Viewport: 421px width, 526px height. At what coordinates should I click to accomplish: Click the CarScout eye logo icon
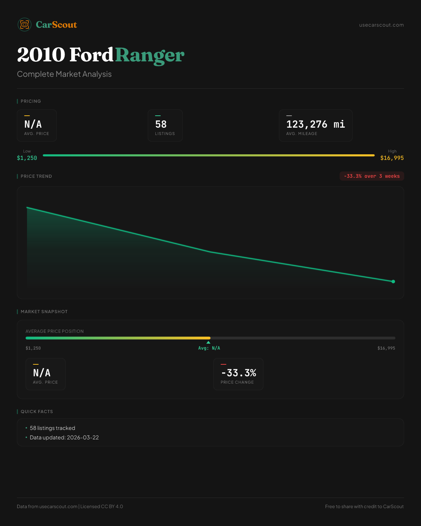point(25,25)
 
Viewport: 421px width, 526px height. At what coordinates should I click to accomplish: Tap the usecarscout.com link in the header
point(381,25)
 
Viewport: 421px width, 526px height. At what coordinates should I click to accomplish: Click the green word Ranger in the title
point(149,55)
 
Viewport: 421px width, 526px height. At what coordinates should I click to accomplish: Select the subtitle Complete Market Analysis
point(64,74)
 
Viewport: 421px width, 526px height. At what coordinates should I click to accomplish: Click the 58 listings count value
point(161,124)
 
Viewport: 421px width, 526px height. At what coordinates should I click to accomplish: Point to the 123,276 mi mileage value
point(315,124)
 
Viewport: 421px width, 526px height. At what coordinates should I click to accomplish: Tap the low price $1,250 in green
point(27,158)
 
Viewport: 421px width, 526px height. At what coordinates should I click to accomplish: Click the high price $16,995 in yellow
point(392,158)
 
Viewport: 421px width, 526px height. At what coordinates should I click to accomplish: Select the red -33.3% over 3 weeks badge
point(372,176)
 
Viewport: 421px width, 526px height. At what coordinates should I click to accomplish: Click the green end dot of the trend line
point(393,282)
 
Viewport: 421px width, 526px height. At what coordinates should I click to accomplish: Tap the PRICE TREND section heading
point(36,176)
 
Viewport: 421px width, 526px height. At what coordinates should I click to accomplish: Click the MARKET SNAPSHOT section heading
point(44,312)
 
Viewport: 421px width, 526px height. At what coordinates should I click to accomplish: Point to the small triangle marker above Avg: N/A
point(208,342)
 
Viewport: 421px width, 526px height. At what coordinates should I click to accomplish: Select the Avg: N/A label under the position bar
point(209,348)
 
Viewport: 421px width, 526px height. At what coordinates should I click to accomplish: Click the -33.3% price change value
point(239,373)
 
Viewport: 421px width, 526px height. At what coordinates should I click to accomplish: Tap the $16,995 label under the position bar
point(386,348)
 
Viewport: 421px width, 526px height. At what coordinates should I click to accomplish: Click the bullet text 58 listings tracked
point(52,428)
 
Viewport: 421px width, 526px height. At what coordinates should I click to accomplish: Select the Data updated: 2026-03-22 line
point(64,438)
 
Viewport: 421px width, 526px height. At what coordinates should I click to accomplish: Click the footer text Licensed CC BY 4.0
point(101,506)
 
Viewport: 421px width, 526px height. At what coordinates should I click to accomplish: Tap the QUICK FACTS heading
point(36,412)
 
